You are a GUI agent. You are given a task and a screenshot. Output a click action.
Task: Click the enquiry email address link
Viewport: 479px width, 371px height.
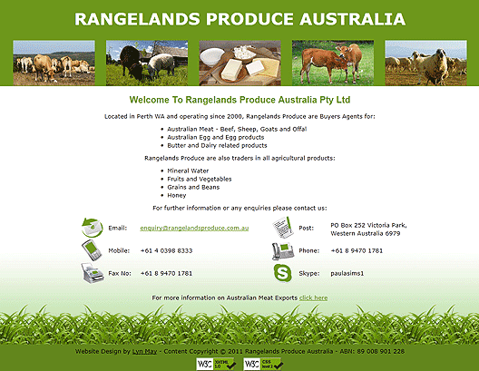point(194,228)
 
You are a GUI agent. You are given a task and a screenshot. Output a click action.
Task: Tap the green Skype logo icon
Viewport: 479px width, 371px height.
point(282,273)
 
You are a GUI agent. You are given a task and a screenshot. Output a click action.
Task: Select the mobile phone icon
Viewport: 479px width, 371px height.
point(92,250)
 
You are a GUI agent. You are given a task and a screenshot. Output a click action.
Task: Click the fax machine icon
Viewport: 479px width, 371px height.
point(93,273)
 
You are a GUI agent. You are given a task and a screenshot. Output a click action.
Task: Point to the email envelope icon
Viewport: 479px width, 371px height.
point(92,228)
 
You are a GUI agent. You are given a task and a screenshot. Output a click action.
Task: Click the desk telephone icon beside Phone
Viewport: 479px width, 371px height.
point(283,250)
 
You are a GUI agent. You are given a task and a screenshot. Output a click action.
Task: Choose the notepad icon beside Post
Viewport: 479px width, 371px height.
point(283,228)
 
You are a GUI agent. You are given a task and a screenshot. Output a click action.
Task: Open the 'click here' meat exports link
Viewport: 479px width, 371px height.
point(313,298)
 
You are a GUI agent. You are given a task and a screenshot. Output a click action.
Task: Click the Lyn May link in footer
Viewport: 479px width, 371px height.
point(144,351)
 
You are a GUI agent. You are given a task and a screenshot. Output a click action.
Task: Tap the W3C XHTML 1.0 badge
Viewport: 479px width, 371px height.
point(216,364)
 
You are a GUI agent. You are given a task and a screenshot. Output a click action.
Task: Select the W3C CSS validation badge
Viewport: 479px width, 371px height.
point(263,364)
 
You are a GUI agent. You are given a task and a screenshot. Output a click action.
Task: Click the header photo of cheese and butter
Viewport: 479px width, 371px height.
point(239,63)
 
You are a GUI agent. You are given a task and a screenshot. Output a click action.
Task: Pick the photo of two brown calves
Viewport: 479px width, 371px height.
point(333,63)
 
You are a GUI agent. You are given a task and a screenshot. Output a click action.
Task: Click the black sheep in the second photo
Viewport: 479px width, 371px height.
point(131,61)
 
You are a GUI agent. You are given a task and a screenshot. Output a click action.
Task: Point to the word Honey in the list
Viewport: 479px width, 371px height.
point(177,195)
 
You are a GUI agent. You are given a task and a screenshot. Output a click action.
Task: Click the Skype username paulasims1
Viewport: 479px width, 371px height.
point(347,273)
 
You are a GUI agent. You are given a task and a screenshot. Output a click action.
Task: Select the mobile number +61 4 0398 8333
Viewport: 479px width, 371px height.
point(166,250)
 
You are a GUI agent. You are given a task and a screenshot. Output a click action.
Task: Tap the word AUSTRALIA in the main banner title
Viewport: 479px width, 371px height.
point(353,19)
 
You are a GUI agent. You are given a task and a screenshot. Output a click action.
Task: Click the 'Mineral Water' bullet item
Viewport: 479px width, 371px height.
point(188,171)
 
